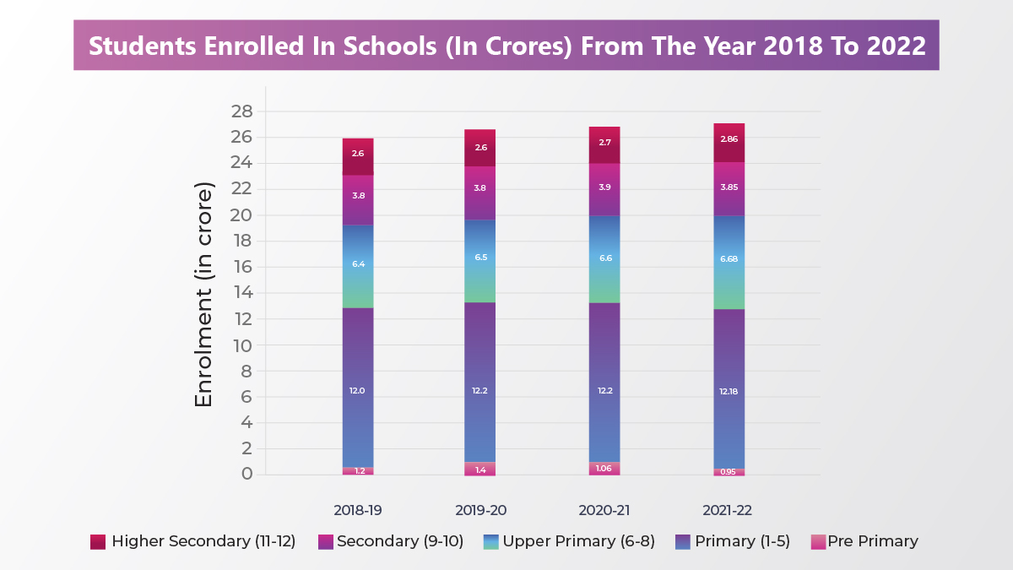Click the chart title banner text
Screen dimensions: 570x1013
tap(506, 46)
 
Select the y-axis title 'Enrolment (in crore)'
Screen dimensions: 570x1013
tap(204, 295)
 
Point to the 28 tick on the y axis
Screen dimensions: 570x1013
tap(242, 111)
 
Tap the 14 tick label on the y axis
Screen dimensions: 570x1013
tap(242, 293)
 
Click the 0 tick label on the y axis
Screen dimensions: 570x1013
tap(247, 474)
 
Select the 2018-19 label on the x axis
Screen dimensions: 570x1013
tap(358, 511)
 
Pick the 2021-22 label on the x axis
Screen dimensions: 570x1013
tap(729, 511)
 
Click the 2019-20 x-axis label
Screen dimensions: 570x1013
tap(479, 511)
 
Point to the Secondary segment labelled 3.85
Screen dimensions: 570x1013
tap(729, 188)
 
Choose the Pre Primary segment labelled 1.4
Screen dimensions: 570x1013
tap(479, 469)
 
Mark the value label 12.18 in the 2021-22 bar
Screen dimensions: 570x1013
tap(729, 391)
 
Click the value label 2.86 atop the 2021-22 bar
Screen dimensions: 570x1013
tap(729, 138)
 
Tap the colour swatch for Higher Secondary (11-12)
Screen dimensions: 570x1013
tap(98, 542)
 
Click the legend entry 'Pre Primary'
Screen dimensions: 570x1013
tap(873, 542)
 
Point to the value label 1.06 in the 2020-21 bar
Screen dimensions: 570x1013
tap(604, 469)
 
